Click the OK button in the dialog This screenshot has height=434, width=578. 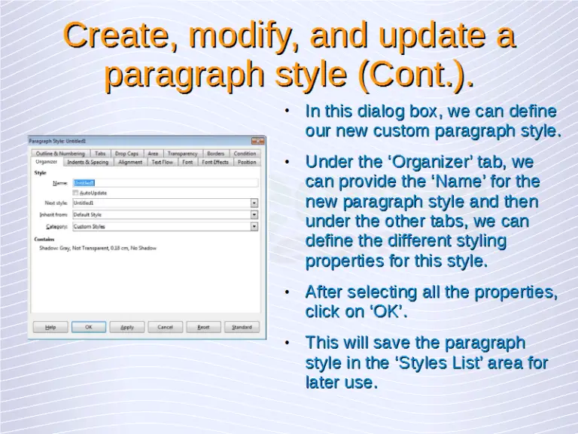(89, 327)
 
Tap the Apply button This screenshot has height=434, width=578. (127, 327)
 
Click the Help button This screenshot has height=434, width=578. (50, 327)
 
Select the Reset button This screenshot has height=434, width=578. (203, 327)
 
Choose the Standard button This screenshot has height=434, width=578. (242, 327)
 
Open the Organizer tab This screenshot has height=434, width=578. (47, 162)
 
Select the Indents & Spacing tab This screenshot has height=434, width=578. (87, 162)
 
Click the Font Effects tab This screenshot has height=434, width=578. (215, 162)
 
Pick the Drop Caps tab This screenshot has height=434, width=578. (126, 154)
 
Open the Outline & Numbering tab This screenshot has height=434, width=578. (60, 154)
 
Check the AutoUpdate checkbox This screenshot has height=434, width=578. (75, 193)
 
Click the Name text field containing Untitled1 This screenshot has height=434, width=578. (164, 182)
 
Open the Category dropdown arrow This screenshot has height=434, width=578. (254, 226)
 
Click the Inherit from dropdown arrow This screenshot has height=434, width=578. (254, 215)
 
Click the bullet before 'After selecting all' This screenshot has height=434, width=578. (287, 292)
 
